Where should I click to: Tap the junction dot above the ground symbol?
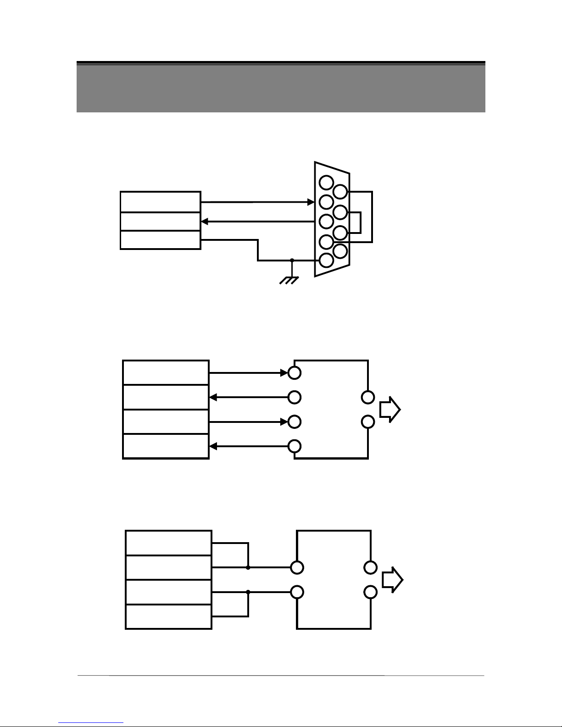pos(292,260)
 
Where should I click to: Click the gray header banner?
pos(281,88)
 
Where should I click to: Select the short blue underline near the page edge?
pos(91,723)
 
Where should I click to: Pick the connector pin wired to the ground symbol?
pos(326,260)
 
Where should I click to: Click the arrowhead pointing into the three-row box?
pos(205,222)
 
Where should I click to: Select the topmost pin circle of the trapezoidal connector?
pos(326,182)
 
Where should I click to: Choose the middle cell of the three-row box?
pos(160,222)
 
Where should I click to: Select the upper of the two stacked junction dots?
pos(248,567)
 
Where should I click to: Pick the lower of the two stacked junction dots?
pos(248,592)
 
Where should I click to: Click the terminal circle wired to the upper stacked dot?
pos(297,567)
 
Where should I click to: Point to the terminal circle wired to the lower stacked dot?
pos(297,592)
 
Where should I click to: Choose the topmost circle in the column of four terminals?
pos(295,373)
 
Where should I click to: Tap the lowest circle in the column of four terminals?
pos(295,446)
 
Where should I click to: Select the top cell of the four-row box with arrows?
pos(166,373)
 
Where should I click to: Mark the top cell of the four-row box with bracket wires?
pos(168,543)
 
